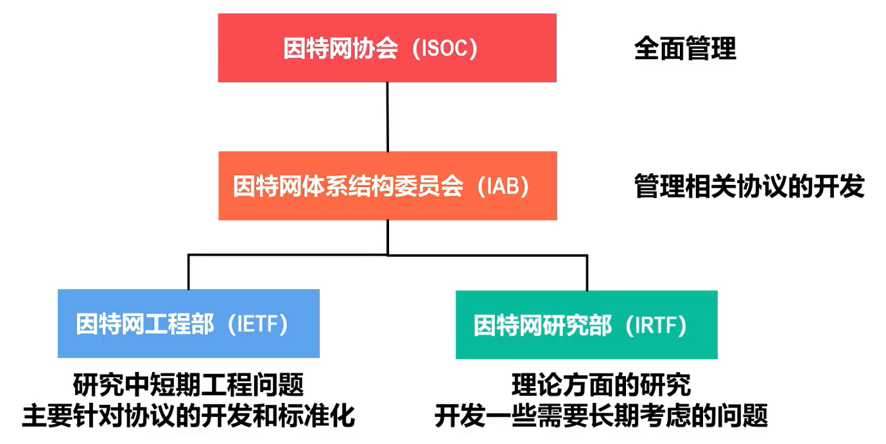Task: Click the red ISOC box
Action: [387, 48]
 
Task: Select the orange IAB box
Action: [388, 186]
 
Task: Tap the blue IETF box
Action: [189, 323]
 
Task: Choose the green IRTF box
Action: [587, 325]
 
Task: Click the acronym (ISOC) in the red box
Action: [445, 48]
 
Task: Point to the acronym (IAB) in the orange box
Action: [503, 186]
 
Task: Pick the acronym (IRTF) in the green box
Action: [656, 325]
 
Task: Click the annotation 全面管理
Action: [685, 48]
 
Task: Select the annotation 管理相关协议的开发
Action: [749, 186]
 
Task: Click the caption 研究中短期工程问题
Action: [188, 385]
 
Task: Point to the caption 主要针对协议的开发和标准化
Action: [188, 416]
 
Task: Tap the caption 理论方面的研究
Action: [601, 385]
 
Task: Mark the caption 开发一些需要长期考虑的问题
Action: [601, 416]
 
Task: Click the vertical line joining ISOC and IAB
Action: [388, 117]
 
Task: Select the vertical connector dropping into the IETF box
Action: [188, 272]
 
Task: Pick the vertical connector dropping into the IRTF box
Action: [587, 273]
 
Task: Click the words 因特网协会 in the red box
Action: [340, 48]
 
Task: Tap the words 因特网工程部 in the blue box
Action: [145, 324]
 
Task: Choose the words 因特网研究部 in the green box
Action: [543, 325]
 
